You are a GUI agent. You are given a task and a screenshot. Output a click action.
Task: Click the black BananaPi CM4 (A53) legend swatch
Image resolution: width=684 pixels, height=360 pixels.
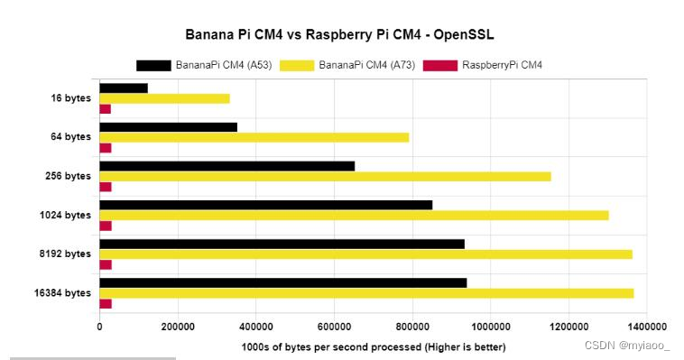[153, 65]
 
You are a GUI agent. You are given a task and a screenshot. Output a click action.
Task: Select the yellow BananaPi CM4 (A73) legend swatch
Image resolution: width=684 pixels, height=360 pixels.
[297, 65]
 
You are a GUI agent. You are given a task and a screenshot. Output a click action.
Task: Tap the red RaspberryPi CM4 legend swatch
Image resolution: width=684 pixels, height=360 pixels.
[441, 65]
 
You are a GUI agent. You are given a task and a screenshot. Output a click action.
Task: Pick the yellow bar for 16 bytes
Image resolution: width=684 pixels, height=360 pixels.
[164, 98]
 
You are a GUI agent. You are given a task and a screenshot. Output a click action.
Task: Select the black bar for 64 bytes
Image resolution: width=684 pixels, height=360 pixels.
[168, 126]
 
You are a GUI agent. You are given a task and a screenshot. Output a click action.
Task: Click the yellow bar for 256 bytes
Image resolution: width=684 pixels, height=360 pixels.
[325, 176]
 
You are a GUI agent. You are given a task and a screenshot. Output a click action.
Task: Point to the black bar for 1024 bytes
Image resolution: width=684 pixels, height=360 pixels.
[265, 205]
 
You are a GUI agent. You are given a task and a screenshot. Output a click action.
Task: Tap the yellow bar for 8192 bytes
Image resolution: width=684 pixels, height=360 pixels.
[365, 254]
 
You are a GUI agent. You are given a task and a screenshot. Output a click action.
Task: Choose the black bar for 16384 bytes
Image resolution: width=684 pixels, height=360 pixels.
[282, 282]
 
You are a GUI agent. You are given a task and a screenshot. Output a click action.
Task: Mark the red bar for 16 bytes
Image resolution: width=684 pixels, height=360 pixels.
[105, 108]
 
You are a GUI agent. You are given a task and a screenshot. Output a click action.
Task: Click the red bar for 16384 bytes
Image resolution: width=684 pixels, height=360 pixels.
[105, 303]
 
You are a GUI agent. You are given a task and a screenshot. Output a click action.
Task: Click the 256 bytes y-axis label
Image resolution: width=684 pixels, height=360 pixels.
[69, 176]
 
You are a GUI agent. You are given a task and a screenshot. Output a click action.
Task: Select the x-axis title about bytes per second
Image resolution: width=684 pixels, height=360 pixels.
[374, 346]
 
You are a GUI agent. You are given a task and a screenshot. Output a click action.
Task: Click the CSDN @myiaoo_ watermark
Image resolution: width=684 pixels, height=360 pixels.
[627, 345]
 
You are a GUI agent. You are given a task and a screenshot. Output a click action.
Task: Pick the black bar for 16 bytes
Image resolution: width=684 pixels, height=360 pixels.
[123, 88]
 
